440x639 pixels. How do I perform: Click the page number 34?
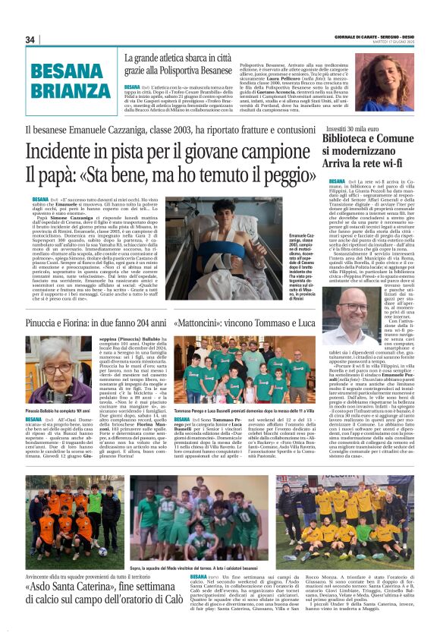pos(30,40)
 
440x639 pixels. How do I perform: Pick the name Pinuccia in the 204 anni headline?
pos(49,323)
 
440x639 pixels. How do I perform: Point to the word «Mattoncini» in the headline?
pos(204,323)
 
